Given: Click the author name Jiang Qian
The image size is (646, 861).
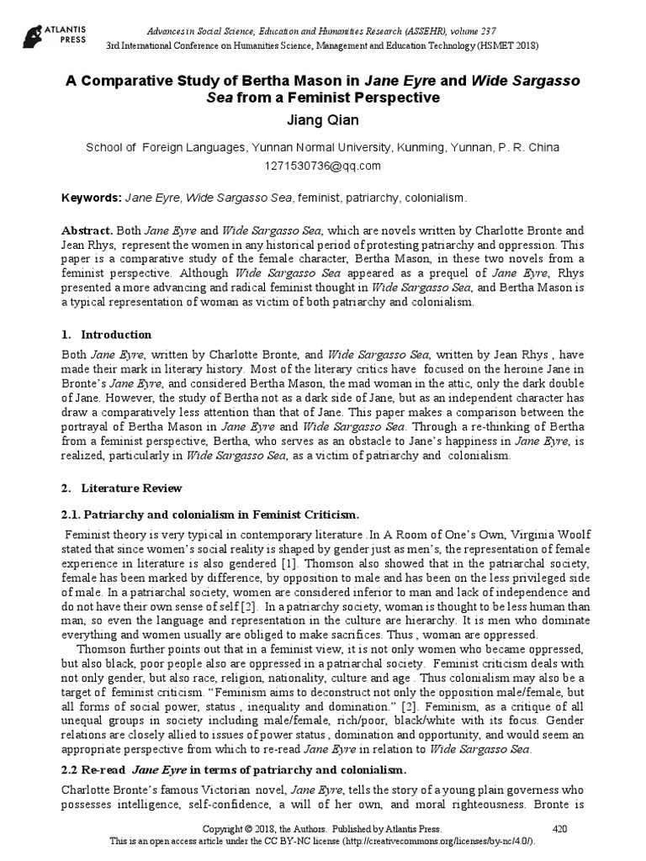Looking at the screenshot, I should point(323,120).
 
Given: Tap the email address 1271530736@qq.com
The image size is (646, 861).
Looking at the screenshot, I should point(323,165).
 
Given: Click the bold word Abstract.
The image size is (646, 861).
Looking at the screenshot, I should point(88,230).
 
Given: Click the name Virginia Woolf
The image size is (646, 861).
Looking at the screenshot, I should point(537,535).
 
